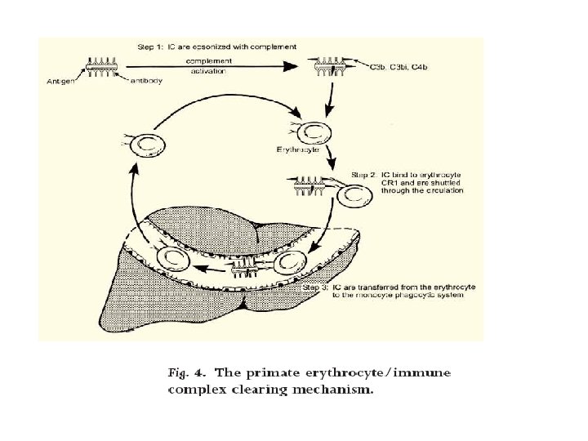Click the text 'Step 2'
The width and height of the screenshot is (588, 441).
[x=365, y=174]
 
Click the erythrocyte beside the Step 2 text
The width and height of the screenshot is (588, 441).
[x=357, y=196]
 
